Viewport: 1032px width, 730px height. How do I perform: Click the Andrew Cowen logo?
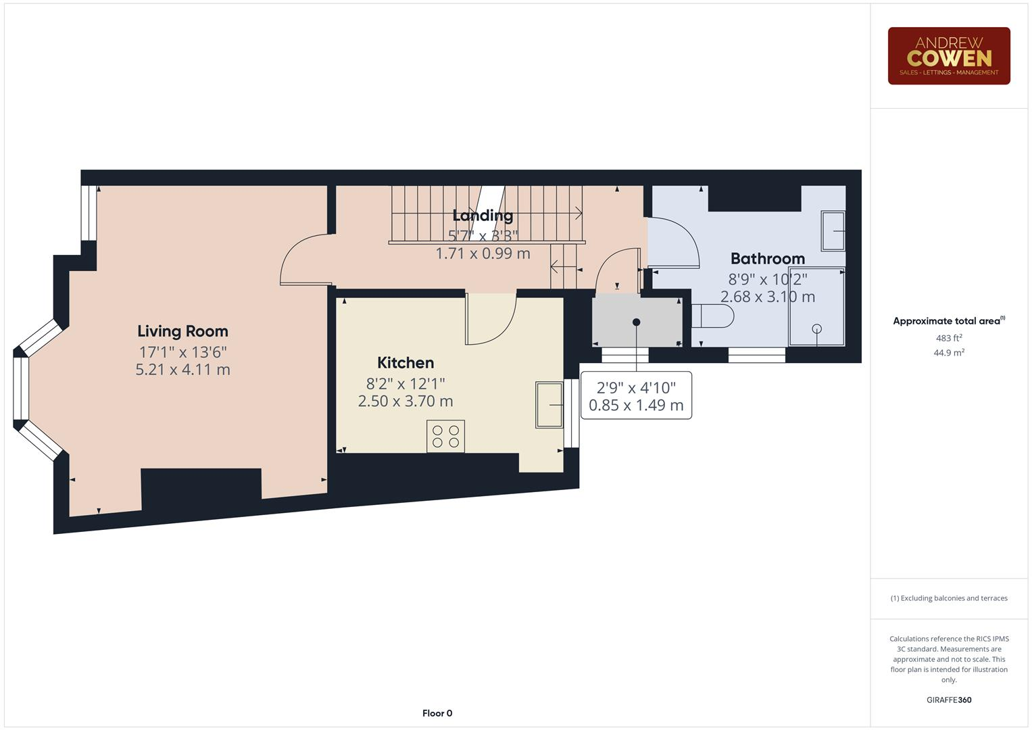[x=948, y=55]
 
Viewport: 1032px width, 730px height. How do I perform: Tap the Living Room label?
[x=182, y=331]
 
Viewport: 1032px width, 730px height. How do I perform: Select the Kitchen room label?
[x=406, y=363]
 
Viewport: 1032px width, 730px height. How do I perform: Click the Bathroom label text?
[x=767, y=259]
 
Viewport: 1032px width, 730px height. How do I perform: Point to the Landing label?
[x=483, y=216]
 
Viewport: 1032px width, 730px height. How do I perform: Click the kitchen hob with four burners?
[x=445, y=436]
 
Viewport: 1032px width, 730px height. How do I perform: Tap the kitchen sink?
[x=549, y=404]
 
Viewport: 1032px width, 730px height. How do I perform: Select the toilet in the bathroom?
[x=713, y=316]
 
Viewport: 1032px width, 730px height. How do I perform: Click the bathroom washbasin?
[x=833, y=231]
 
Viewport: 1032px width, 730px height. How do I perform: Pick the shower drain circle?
[x=816, y=329]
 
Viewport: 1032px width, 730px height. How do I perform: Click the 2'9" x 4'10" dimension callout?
[x=636, y=396]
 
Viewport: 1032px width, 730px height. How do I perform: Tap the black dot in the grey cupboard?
[x=636, y=322]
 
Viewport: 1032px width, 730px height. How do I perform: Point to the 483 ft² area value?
[x=948, y=338]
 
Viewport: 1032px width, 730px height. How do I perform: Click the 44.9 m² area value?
[x=948, y=353]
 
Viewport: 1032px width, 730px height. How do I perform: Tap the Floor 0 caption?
[x=437, y=713]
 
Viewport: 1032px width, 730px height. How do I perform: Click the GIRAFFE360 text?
[x=948, y=700]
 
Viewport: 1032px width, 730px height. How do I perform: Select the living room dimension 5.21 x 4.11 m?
[x=182, y=370]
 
